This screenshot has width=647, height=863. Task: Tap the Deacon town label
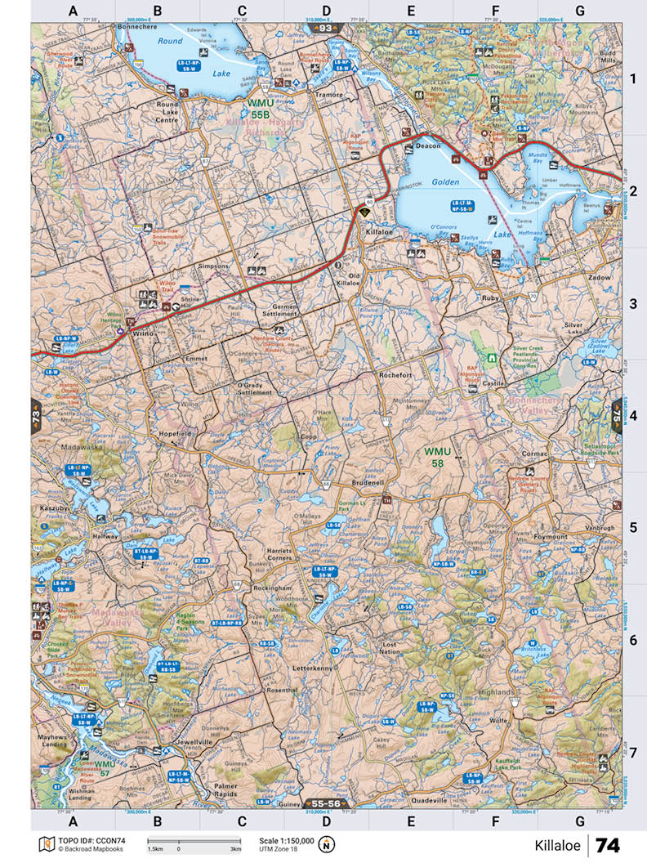click(427, 145)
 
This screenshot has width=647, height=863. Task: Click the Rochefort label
click(395, 374)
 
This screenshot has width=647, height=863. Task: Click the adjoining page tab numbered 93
click(325, 29)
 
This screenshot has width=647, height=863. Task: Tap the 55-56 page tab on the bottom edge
click(324, 804)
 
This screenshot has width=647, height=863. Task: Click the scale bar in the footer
click(194, 841)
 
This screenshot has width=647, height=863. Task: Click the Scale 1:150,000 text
click(286, 840)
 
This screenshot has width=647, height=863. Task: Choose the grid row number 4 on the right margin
click(632, 416)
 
